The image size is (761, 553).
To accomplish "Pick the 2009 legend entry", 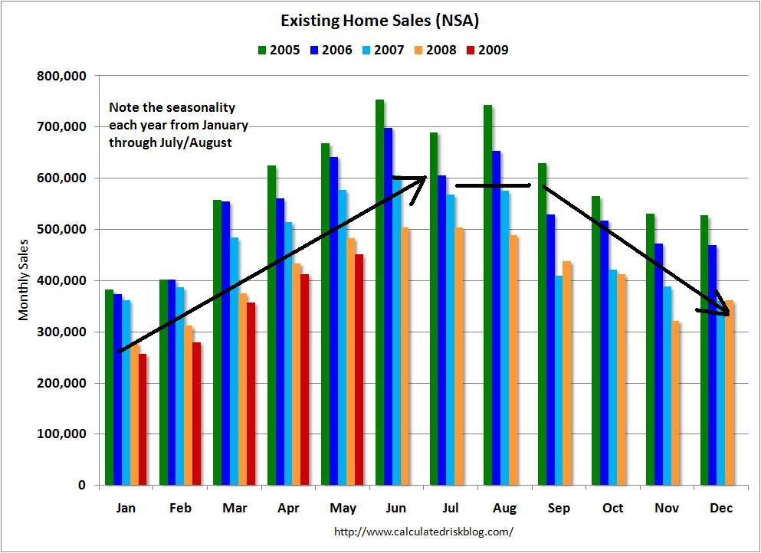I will click(487, 51).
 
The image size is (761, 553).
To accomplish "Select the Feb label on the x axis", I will click(180, 509).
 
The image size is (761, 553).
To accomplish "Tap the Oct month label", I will click(614, 509).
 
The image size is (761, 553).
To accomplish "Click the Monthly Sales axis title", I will click(24, 280).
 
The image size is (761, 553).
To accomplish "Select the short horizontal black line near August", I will click(492, 185).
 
